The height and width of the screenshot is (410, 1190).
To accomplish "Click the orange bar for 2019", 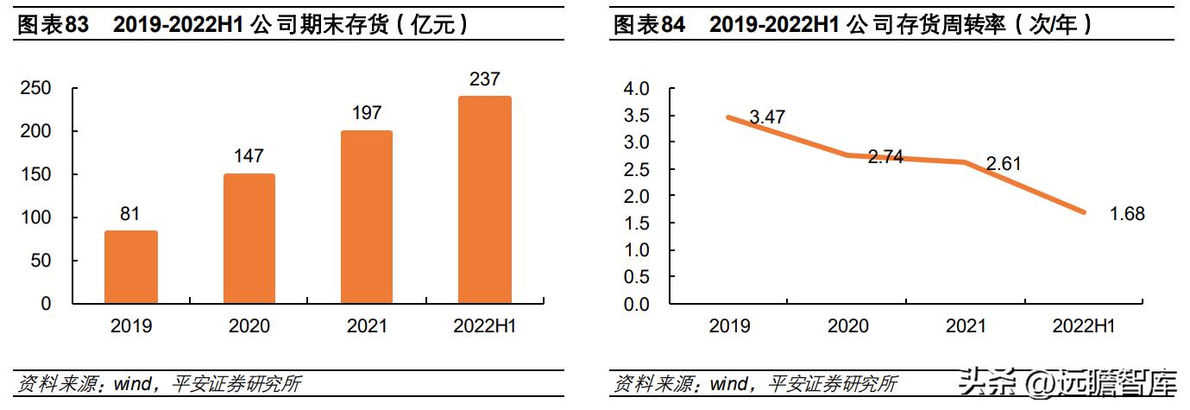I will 130,267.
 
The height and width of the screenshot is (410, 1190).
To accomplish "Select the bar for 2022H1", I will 485,199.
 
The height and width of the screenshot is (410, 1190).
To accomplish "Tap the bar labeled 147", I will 249,238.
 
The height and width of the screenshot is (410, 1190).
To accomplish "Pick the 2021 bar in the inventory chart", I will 367,217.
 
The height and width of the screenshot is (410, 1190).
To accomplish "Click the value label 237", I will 485,79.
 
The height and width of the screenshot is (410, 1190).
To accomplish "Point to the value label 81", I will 130,213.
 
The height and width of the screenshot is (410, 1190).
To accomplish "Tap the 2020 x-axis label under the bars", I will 249,326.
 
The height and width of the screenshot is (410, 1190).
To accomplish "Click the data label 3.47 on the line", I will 767,117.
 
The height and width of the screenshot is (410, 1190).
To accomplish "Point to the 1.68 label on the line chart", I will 1127,214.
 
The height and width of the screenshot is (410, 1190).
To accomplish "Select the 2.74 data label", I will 885,157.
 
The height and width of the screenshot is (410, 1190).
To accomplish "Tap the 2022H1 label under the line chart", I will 1084,326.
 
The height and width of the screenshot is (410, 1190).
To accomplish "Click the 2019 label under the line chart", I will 729,326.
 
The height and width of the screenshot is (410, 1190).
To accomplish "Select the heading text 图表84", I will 649,25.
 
